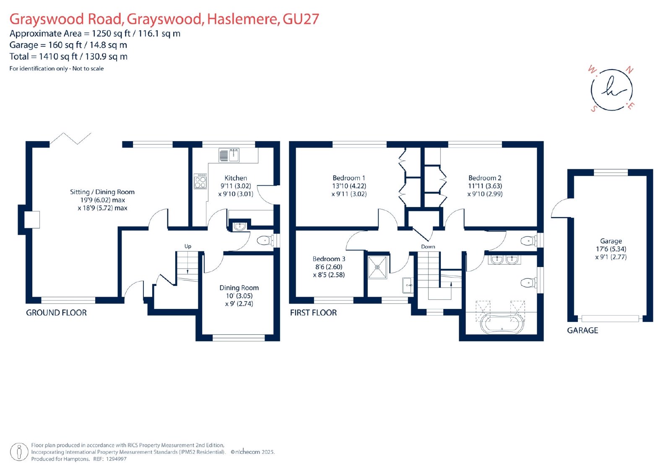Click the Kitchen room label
(x=236, y=178)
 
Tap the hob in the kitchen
(x=200, y=181)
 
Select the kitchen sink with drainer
(x=229, y=155)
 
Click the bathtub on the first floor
(x=502, y=324)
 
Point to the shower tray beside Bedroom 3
(x=377, y=267)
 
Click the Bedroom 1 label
(x=349, y=178)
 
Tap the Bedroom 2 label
(x=485, y=178)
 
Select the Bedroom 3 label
(x=329, y=259)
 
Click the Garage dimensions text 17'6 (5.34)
(x=611, y=249)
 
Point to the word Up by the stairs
(x=188, y=246)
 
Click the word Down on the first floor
(x=428, y=246)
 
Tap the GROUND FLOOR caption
(x=56, y=313)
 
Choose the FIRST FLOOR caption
(x=313, y=313)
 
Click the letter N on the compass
(x=629, y=70)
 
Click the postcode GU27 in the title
(x=301, y=19)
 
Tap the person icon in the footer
(x=19, y=452)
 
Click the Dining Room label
(x=239, y=288)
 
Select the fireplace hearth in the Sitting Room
(x=31, y=220)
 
